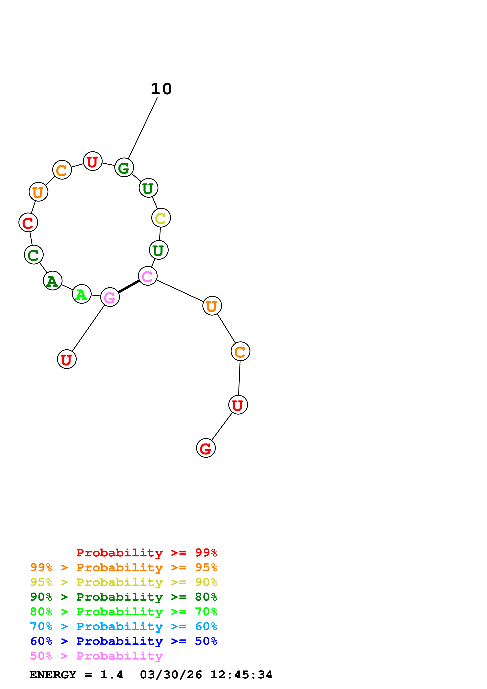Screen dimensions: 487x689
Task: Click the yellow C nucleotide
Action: (161, 218)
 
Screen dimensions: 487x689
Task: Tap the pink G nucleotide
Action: (110, 297)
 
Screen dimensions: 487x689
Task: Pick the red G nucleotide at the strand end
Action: (206, 448)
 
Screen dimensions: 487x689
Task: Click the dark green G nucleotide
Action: (124, 168)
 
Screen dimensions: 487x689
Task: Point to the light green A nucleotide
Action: (82, 294)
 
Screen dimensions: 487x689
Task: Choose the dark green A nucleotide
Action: (52, 281)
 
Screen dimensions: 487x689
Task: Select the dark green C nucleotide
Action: (34, 255)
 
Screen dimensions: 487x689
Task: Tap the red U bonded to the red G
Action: (238, 405)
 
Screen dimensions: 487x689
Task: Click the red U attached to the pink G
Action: (67, 359)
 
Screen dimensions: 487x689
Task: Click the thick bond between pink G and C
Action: (129, 287)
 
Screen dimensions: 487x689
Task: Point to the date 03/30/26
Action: (171, 675)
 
